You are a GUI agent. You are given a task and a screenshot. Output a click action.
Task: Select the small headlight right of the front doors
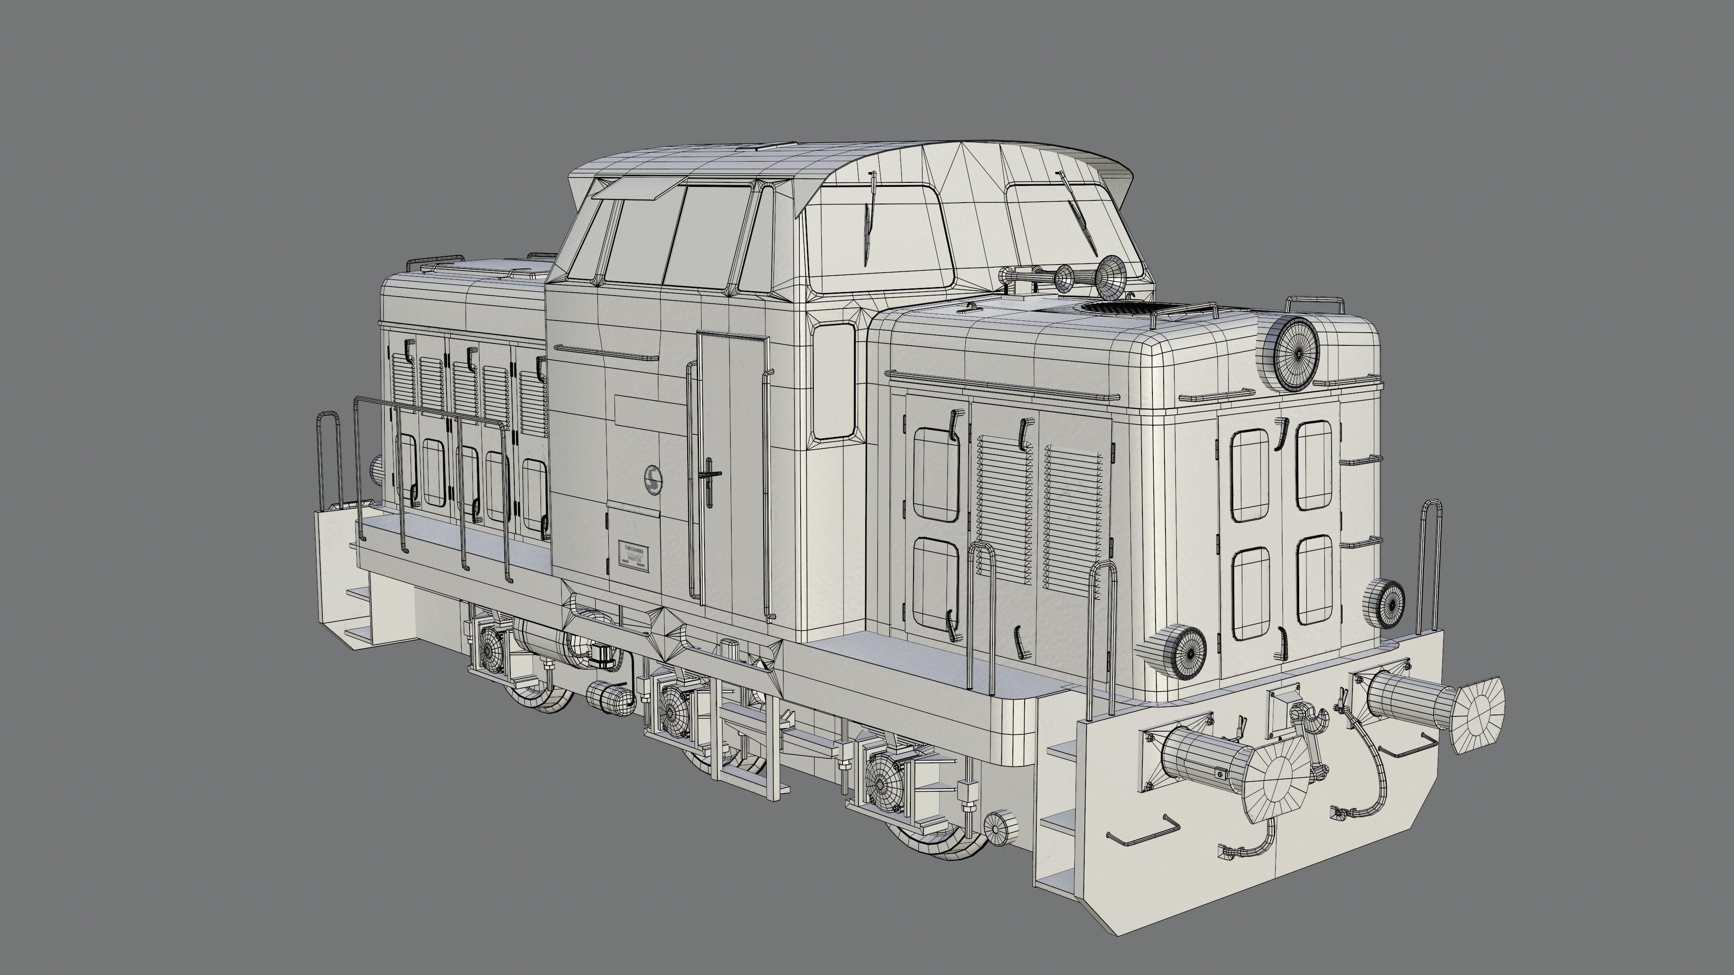[1385, 604]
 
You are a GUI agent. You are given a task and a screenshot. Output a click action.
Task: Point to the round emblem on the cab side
[652, 478]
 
